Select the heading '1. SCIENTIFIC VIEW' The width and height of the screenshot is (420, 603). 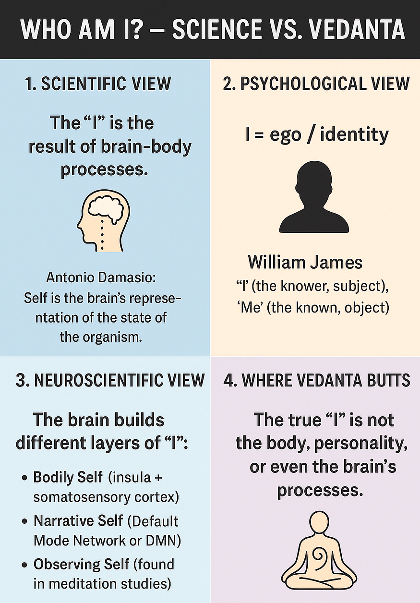click(97, 84)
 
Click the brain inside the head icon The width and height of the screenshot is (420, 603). click(109, 208)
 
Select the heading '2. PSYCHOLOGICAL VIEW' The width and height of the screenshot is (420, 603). click(316, 84)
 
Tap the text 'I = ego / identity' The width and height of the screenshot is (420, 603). click(316, 134)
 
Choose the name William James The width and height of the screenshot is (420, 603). click(305, 262)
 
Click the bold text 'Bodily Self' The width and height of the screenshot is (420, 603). click(68, 478)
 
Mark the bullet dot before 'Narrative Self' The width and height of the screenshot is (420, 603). click(24, 522)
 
